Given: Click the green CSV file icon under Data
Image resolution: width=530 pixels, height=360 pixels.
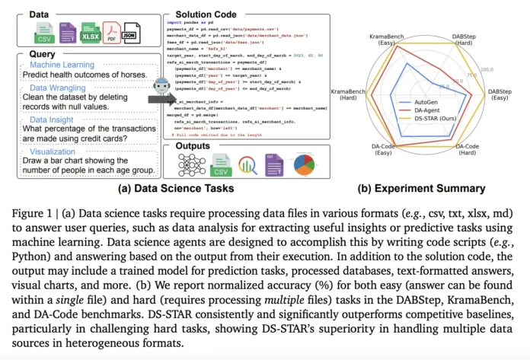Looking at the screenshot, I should click(x=43, y=33).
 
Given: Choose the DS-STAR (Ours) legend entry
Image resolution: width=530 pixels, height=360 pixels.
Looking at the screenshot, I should click(x=440, y=117).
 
